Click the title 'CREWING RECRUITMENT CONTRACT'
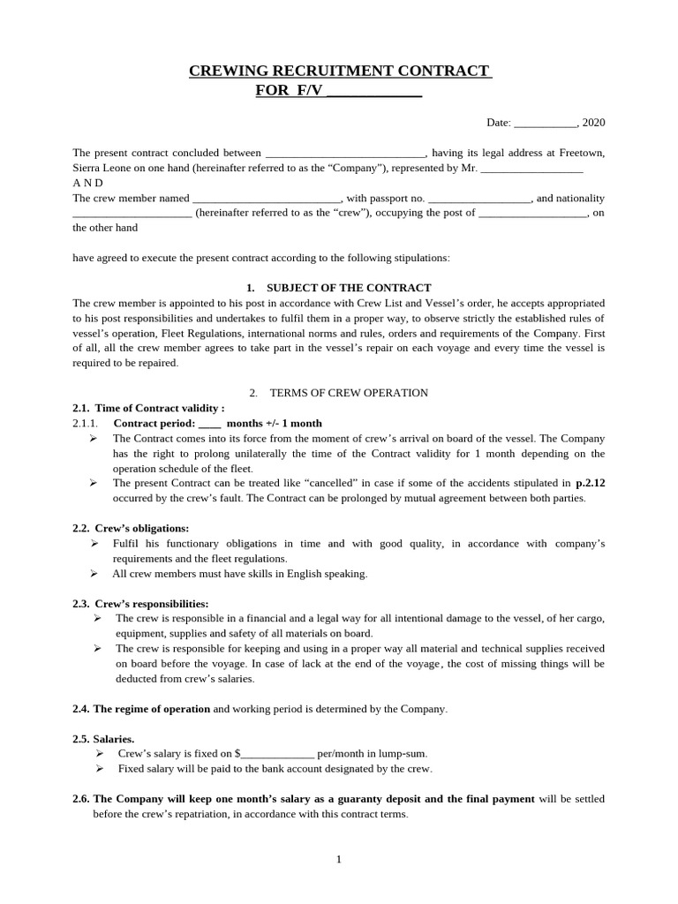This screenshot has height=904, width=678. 340,71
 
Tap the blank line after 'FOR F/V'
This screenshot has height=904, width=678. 374,90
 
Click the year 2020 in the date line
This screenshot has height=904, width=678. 593,123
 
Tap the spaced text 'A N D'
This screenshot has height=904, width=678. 87,183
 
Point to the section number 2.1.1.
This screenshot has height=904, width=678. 87,423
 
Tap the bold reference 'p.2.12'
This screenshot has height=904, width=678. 590,483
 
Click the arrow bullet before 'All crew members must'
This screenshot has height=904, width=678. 94,574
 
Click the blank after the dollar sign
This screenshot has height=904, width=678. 277,755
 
